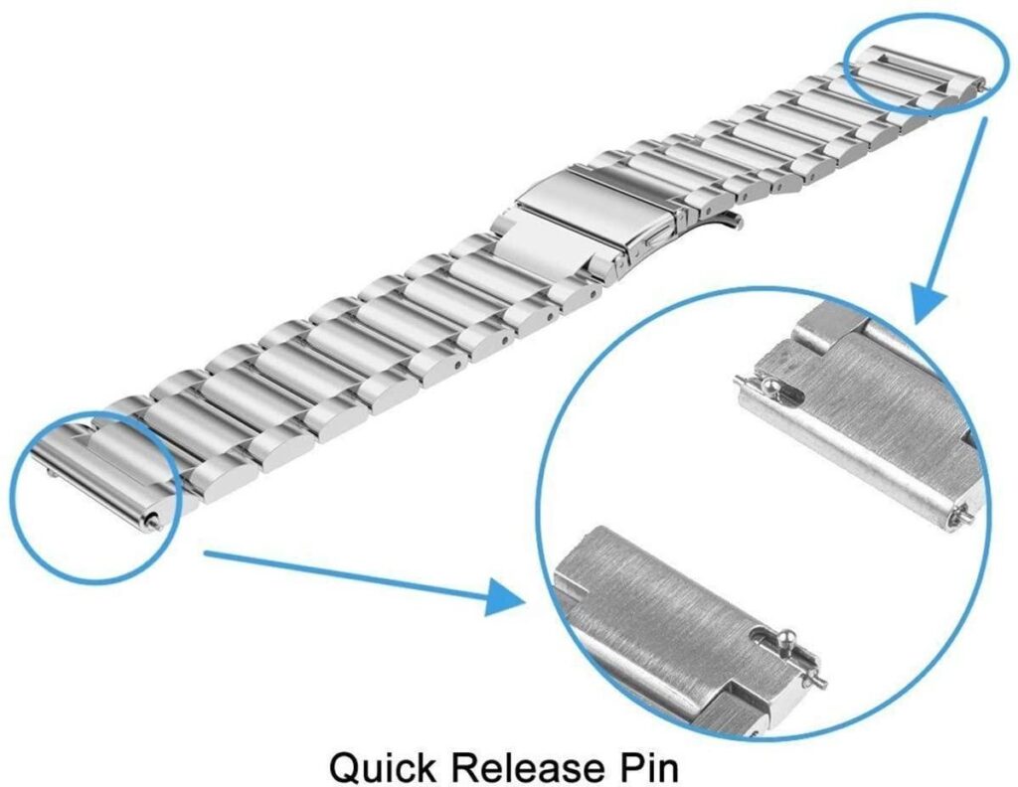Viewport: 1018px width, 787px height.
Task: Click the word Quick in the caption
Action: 383,767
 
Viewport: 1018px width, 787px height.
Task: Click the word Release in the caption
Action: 525,767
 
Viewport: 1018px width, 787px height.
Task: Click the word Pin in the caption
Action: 646,767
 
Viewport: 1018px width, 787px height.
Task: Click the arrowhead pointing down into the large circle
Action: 929,302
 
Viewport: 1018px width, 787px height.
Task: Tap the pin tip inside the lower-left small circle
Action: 154,520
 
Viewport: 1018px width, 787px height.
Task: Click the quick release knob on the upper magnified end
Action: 769,386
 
